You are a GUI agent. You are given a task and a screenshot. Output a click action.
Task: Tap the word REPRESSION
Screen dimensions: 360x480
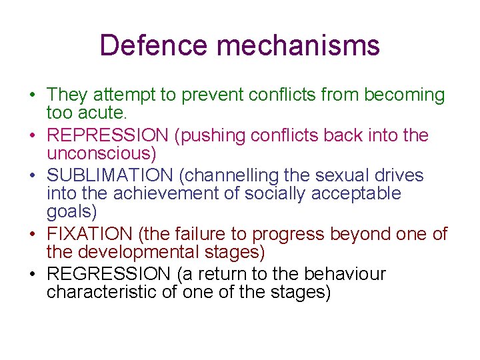pos(107,135)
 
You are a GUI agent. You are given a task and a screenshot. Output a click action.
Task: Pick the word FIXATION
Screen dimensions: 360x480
pos(90,235)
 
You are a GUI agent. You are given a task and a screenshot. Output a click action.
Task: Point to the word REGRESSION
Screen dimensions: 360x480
pos(109,274)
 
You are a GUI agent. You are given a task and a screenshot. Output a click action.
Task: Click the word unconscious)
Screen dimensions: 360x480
pos(101,154)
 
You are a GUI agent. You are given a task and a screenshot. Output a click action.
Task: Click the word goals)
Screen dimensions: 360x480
pos(72,213)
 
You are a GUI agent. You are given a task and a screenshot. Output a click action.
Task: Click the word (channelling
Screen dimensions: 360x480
pos(226,175)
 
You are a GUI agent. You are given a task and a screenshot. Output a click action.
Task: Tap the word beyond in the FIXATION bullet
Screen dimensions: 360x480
pos(367,235)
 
